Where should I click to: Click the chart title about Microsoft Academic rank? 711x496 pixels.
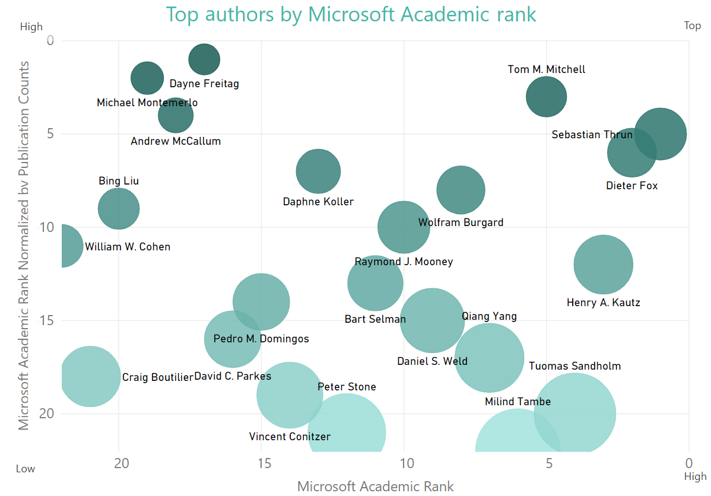(x=351, y=14)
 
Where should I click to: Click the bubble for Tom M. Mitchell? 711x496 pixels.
(x=546, y=97)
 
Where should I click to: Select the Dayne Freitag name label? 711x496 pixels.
(x=204, y=84)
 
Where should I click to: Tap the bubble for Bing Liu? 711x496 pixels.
(x=119, y=208)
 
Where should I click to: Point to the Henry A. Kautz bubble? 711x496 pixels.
(x=603, y=265)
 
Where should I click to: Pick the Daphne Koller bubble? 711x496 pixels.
(x=318, y=171)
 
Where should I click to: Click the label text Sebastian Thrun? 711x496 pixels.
(x=592, y=135)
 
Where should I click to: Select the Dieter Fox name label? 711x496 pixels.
(x=631, y=186)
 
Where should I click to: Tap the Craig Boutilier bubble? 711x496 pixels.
(x=90, y=376)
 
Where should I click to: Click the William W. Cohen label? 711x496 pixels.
(x=128, y=247)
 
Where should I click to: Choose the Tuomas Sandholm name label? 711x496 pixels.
(x=574, y=366)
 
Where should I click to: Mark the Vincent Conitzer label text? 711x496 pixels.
(x=290, y=437)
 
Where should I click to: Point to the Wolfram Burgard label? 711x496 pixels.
(x=461, y=222)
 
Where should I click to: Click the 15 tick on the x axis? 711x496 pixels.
(x=262, y=462)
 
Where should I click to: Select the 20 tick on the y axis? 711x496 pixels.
(x=46, y=414)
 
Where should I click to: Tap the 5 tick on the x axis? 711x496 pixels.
(x=547, y=462)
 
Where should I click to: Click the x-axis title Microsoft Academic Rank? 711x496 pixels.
(x=375, y=487)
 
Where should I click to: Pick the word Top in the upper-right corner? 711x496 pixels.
(x=692, y=26)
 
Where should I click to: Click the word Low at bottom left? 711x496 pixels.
(x=26, y=469)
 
